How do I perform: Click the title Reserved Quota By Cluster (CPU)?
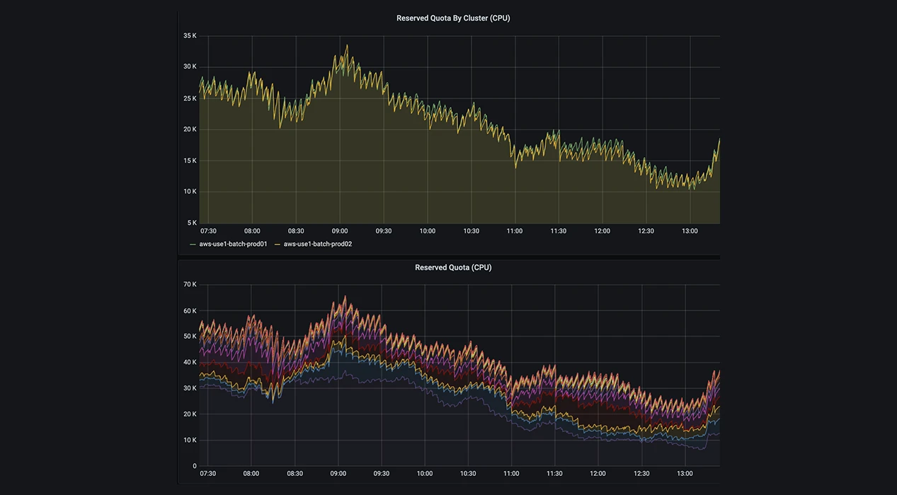tap(453, 18)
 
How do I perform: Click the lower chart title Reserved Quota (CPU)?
tap(453, 267)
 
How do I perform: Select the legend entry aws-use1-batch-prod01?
tap(233, 244)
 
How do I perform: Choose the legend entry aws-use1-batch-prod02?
tap(318, 244)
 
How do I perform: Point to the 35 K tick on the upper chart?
tap(190, 35)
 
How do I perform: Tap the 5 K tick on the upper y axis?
tap(192, 223)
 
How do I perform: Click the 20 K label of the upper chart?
tap(190, 129)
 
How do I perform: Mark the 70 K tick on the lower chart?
tap(190, 284)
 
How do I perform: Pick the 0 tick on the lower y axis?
tap(195, 466)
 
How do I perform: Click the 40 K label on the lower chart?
tap(190, 362)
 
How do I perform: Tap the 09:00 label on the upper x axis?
tap(340, 231)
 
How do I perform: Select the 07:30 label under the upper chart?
tap(208, 231)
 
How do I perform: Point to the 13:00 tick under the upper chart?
tap(690, 231)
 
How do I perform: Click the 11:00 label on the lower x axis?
tap(511, 473)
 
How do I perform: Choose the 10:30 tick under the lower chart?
tap(468, 473)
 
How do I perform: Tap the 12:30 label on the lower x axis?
tap(641, 473)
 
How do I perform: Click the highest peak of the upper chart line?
tap(347, 45)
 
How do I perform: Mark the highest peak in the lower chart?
tap(345, 296)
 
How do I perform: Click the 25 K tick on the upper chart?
tap(190, 98)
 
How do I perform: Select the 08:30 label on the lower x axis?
tap(295, 473)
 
